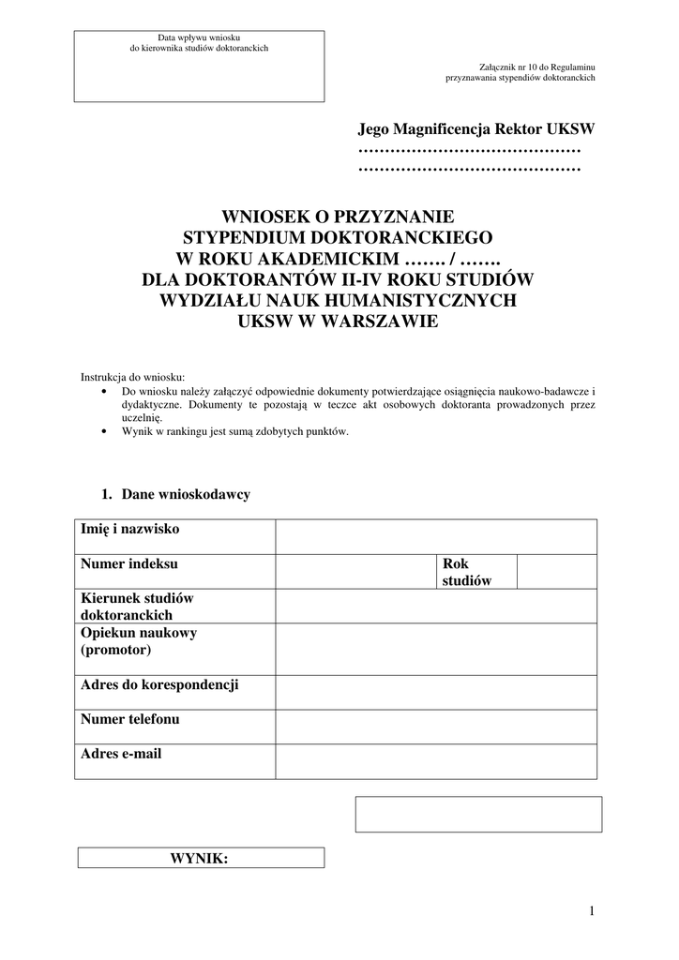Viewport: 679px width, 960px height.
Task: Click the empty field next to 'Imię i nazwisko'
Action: [436, 537]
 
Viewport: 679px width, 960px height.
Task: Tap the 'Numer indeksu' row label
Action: [129, 564]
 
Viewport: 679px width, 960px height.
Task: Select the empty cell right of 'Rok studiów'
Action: [557, 571]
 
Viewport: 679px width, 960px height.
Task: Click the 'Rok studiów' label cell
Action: [467, 572]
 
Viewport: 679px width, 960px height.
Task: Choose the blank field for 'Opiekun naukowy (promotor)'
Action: [436, 650]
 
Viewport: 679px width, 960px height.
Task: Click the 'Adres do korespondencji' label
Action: [159, 685]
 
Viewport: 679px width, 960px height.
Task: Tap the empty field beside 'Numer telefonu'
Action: [436, 727]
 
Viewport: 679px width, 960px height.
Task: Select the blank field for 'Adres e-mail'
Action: [436, 761]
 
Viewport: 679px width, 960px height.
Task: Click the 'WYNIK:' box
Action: [200, 858]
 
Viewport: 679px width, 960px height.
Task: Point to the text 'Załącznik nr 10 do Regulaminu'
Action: [536, 68]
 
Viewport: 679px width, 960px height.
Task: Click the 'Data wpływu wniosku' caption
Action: [199, 37]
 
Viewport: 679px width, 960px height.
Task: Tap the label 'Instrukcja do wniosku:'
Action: [133, 377]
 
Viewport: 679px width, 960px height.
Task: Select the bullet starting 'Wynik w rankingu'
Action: [234, 432]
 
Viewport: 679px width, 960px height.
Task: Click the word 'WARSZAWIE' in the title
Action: [377, 322]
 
